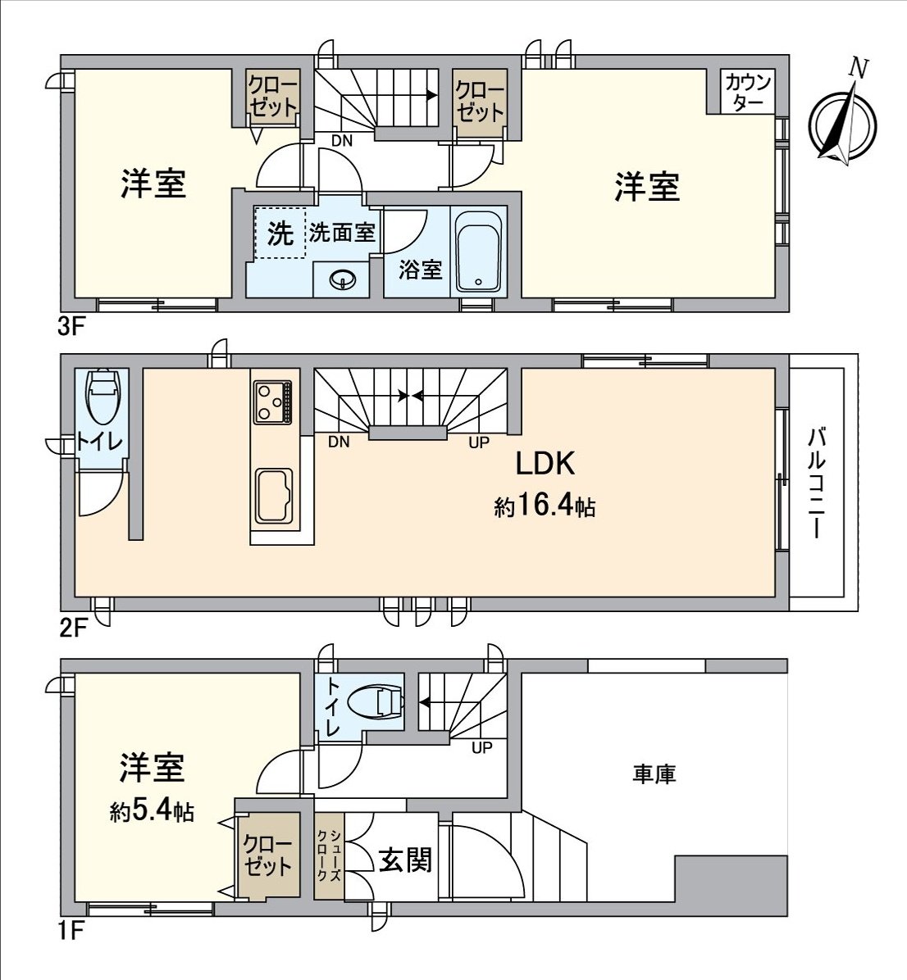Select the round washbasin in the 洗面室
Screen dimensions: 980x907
click(342, 281)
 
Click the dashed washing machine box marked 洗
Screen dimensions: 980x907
click(280, 234)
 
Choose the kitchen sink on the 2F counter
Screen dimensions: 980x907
click(273, 496)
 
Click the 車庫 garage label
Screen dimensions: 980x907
click(654, 774)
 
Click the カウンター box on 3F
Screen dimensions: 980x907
click(748, 92)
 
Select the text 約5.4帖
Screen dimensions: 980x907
click(153, 811)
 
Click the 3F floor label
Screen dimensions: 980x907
click(72, 328)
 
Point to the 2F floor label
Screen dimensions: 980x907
click(72, 628)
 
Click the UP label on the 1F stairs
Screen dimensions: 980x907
click(481, 747)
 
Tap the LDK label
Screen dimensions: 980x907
click(545, 465)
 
